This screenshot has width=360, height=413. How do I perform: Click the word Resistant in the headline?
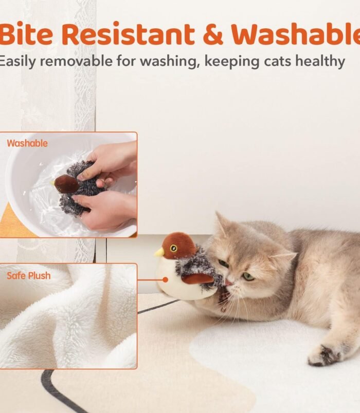(130, 34)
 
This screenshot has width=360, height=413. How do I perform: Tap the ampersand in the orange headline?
(213, 34)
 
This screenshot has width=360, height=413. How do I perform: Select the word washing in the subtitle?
(169, 62)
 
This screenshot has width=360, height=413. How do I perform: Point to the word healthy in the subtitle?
(320, 61)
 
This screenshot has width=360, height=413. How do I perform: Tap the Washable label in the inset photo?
(27, 143)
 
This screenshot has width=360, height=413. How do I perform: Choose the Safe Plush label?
(28, 275)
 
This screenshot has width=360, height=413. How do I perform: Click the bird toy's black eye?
(173, 248)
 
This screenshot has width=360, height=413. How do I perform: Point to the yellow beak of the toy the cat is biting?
(159, 252)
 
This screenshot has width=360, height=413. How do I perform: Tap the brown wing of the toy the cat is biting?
(197, 278)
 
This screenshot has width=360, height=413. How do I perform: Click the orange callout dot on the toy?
(166, 280)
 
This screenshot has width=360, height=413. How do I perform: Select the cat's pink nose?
(228, 284)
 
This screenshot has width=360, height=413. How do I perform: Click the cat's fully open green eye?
(248, 276)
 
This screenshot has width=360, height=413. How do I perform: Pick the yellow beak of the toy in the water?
(52, 182)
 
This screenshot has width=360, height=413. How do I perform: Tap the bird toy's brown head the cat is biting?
(179, 245)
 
